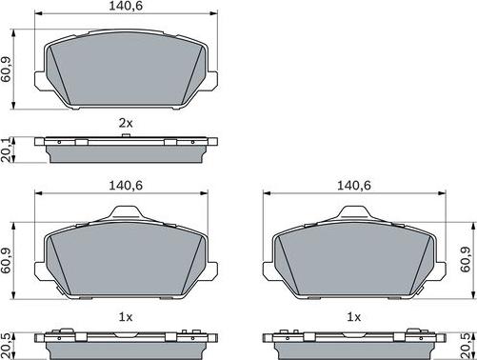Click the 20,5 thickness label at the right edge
click(x=467, y=341)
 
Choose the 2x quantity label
click(x=125, y=123)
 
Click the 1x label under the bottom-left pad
click(x=125, y=315)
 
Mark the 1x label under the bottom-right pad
click(x=354, y=315)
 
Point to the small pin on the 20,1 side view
click(x=125, y=137)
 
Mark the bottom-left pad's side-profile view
click(x=125, y=337)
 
